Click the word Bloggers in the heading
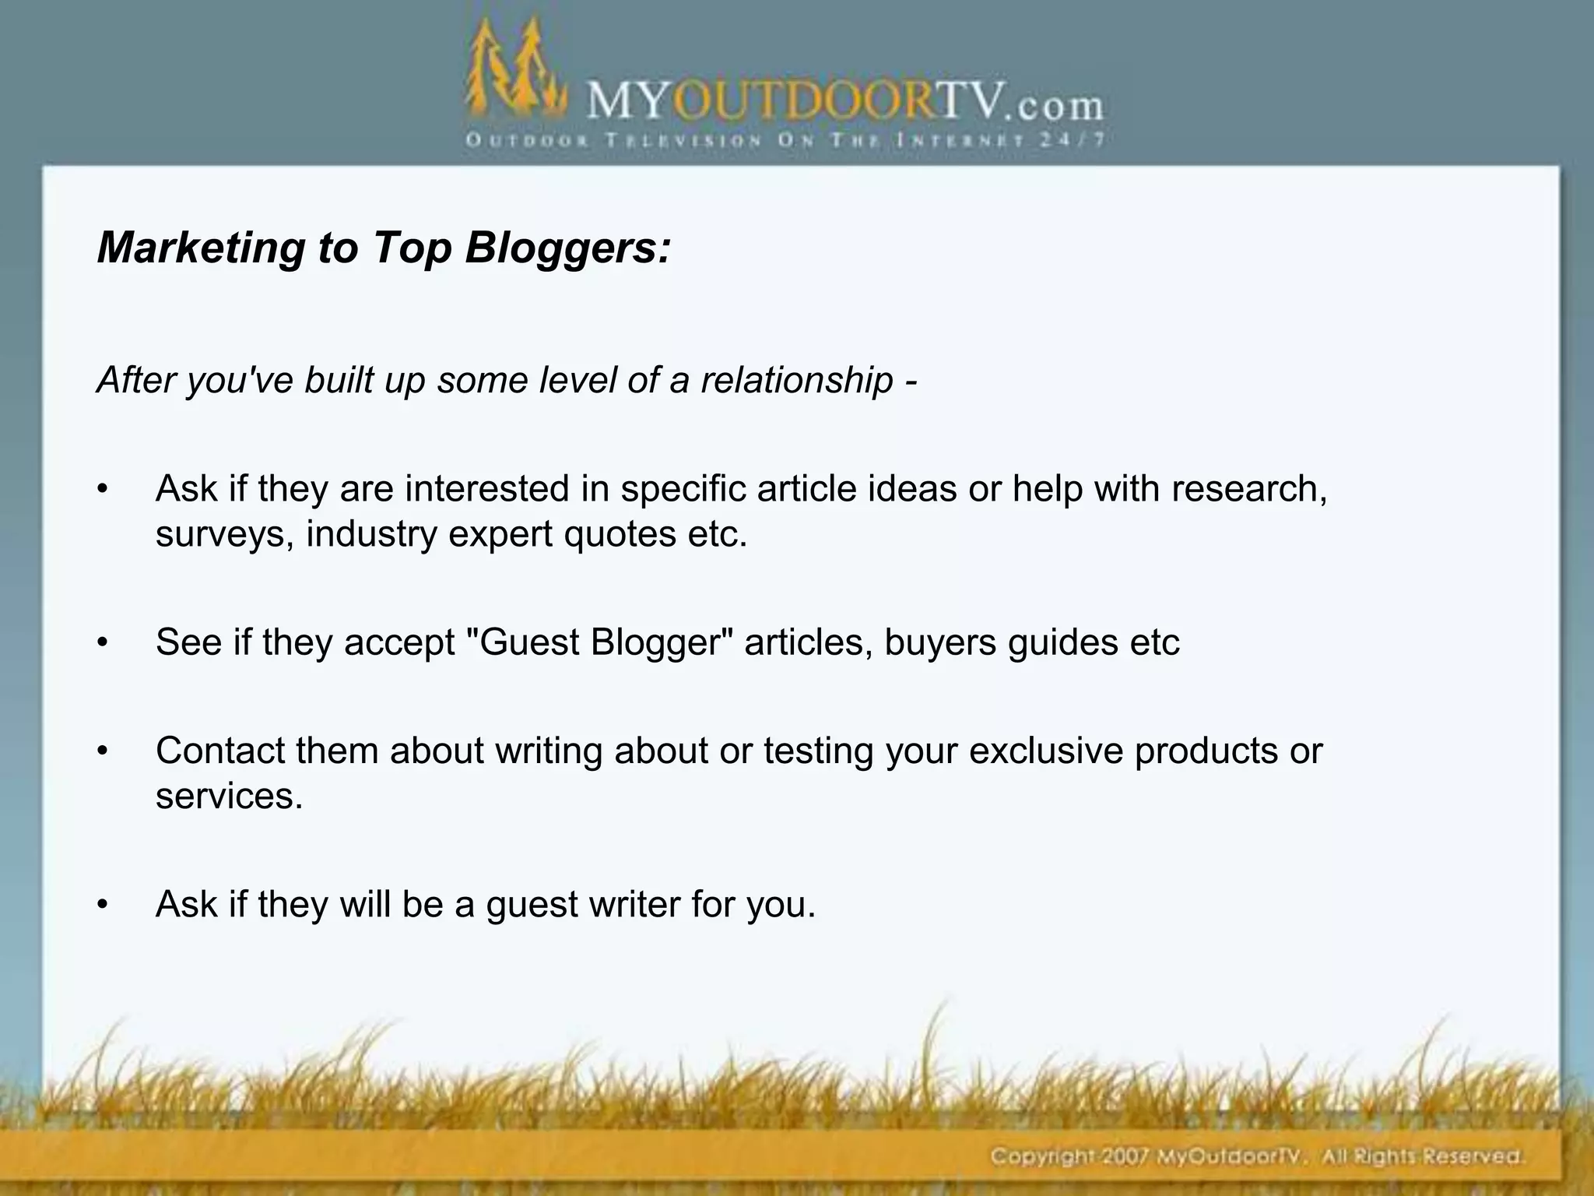tap(567, 248)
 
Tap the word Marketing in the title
tap(200, 248)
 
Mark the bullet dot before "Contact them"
tap(101, 751)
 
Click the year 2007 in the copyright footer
tap(1122, 1156)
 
